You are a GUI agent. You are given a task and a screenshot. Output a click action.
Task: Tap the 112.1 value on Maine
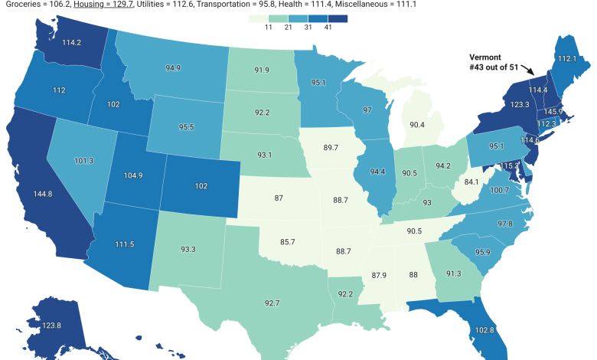567,58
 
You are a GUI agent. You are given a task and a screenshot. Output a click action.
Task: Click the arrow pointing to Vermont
522,70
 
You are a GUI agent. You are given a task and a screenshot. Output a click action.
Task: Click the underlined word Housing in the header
93,4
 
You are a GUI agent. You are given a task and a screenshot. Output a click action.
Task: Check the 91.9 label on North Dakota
263,70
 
